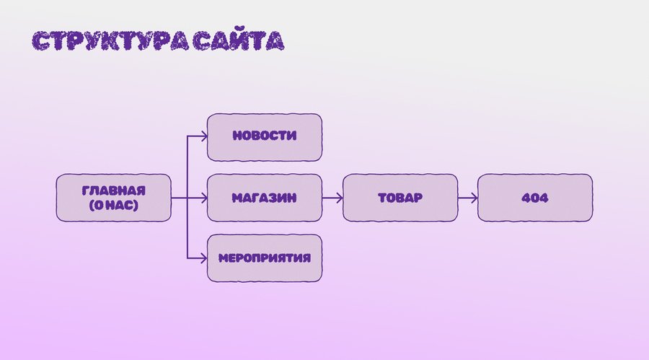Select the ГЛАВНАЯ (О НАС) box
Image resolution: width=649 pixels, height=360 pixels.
(114, 197)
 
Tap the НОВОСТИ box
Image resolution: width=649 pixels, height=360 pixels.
(264, 137)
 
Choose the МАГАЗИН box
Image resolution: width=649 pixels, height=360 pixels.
(264, 197)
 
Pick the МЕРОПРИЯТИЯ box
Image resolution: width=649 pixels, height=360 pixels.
(264, 258)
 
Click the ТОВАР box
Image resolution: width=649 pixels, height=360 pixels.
(399, 197)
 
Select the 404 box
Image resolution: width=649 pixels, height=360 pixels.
(534, 197)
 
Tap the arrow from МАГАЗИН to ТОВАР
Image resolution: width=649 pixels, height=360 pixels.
(332, 197)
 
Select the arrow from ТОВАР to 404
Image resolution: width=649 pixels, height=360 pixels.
(467, 197)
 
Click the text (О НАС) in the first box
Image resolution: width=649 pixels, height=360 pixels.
(114, 205)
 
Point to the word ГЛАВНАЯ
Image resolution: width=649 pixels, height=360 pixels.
(114, 190)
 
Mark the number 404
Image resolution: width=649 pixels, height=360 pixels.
(534, 197)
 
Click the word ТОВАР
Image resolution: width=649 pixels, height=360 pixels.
(399, 197)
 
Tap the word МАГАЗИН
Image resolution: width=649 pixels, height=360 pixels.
(264, 197)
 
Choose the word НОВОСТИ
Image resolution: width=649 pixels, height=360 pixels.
(264, 136)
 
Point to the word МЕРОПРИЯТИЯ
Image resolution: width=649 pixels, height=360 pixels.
(264, 258)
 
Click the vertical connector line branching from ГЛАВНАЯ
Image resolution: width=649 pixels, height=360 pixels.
(187, 166)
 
